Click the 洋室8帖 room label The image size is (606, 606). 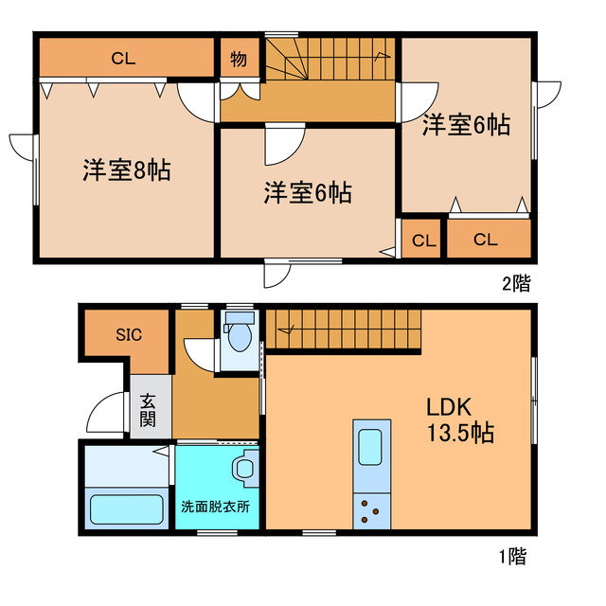coord(126,170)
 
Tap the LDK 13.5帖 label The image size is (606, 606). coord(460,419)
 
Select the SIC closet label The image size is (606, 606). coord(129,334)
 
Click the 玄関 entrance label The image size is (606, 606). coord(148,410)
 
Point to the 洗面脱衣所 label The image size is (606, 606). coord(215,507)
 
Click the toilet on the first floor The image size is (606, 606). coord(240,332)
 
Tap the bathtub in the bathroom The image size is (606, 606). coord(126,509)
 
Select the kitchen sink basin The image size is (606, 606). coord(370,447)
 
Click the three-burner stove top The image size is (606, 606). coord(371,511)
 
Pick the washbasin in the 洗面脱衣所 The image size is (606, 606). coord(245,469)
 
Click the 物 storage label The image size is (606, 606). coord(239,59)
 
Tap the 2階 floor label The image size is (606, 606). coord(516,283)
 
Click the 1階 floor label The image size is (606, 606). coord(513,557)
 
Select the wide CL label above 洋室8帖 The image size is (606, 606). coord(123,59)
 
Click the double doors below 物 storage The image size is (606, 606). coord(240,91)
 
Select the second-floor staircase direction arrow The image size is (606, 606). coord(382,57)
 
